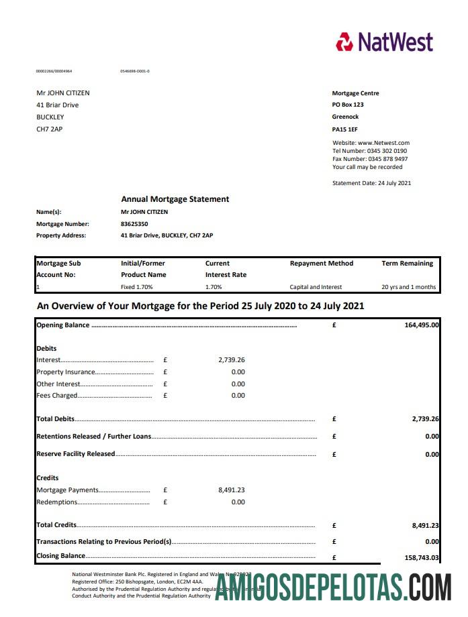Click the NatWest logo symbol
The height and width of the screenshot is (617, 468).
(x=344, y=42)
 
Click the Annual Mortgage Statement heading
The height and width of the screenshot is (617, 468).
(x=175, y=199)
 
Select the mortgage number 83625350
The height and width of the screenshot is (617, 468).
(x=134, y=224)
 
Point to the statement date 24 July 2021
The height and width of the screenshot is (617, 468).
(x=394, y=183)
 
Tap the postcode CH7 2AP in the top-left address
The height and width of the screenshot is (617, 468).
(x=49, y=129)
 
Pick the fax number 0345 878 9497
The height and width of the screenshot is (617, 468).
(x=387, y=159)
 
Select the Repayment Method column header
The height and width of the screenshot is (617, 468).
(x=321, y=264)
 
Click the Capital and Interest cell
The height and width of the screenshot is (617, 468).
(x=316, y=287)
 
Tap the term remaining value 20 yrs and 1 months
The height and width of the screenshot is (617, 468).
(x=408, y=287)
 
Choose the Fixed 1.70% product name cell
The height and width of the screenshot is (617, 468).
(x=136, y=287)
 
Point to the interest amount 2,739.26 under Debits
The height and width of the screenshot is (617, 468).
(x=232, y=360)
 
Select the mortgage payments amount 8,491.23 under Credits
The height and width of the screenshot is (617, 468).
(x=232, y=490)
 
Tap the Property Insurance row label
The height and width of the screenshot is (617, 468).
(x=66, y=372)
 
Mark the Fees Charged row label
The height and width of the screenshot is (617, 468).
(x=57, y=396)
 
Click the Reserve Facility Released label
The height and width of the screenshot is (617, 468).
(x=75, y=454)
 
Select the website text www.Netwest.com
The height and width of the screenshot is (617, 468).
(x=383, y=143)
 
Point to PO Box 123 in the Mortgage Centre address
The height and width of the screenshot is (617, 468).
(x=348, y=105)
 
